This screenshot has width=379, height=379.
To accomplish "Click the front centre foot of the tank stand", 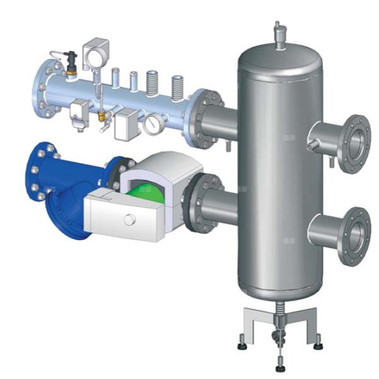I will [x=279, y=366].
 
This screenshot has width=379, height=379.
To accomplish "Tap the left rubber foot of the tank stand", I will [x=241, y=345].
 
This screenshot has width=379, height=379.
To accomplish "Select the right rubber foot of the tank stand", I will [x=316, y=345].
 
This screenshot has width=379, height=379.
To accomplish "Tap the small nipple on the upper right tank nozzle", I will [x=310, y=147].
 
